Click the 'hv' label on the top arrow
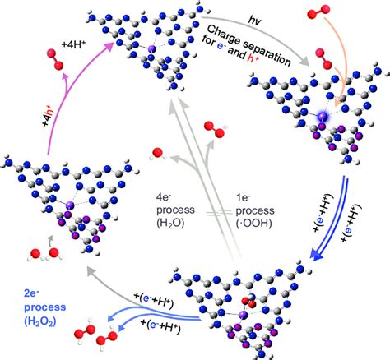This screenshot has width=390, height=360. [x=254, y=21]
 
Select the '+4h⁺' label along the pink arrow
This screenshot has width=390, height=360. [x=47, y=116]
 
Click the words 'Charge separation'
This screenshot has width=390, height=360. [x=248, y=44]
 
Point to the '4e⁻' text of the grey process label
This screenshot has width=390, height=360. [x=164, y=197]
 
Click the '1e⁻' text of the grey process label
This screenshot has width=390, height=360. [x=243, y=197]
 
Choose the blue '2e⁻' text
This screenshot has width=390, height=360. [x=32, y=293]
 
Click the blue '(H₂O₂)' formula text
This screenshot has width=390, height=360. [x=40, y=321]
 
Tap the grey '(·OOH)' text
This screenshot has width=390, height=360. [x=254, y=224]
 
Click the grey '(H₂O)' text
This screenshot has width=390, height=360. [x=170, y=224]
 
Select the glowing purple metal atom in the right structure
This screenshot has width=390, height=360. [x=323, y=116]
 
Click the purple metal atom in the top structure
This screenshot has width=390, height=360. [x=151, y=49]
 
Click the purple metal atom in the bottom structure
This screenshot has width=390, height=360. [x=243, y=315]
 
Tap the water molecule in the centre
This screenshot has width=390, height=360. [x=157, y=154]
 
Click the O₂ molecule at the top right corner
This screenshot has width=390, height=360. [x=318, y=12]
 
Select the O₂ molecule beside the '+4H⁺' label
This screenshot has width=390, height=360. [x=55, y=59]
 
